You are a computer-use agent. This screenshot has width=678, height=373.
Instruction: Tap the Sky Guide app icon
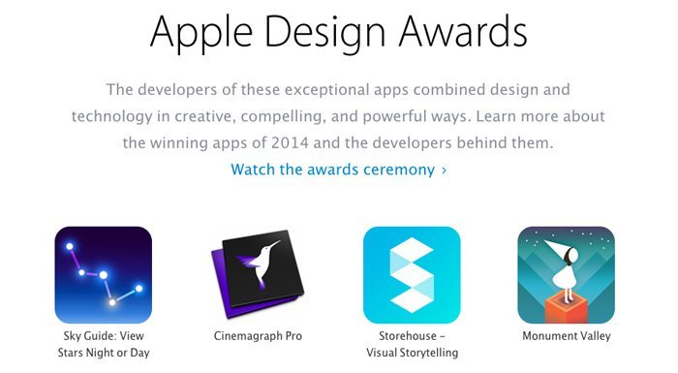[x=103, y=275]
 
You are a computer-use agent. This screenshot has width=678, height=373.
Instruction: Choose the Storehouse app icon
[x=412, y=275]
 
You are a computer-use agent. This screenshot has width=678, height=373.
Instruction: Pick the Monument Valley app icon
[x=566, y=275]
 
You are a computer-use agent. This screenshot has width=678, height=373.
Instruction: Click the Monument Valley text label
[x=567, y=336]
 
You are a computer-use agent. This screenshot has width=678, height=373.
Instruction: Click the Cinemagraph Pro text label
[x=257, y=336]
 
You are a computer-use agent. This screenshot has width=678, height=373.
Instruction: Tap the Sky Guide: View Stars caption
[x=103, y=344]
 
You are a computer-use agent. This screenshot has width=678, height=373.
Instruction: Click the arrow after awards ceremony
[x=444, y=171]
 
